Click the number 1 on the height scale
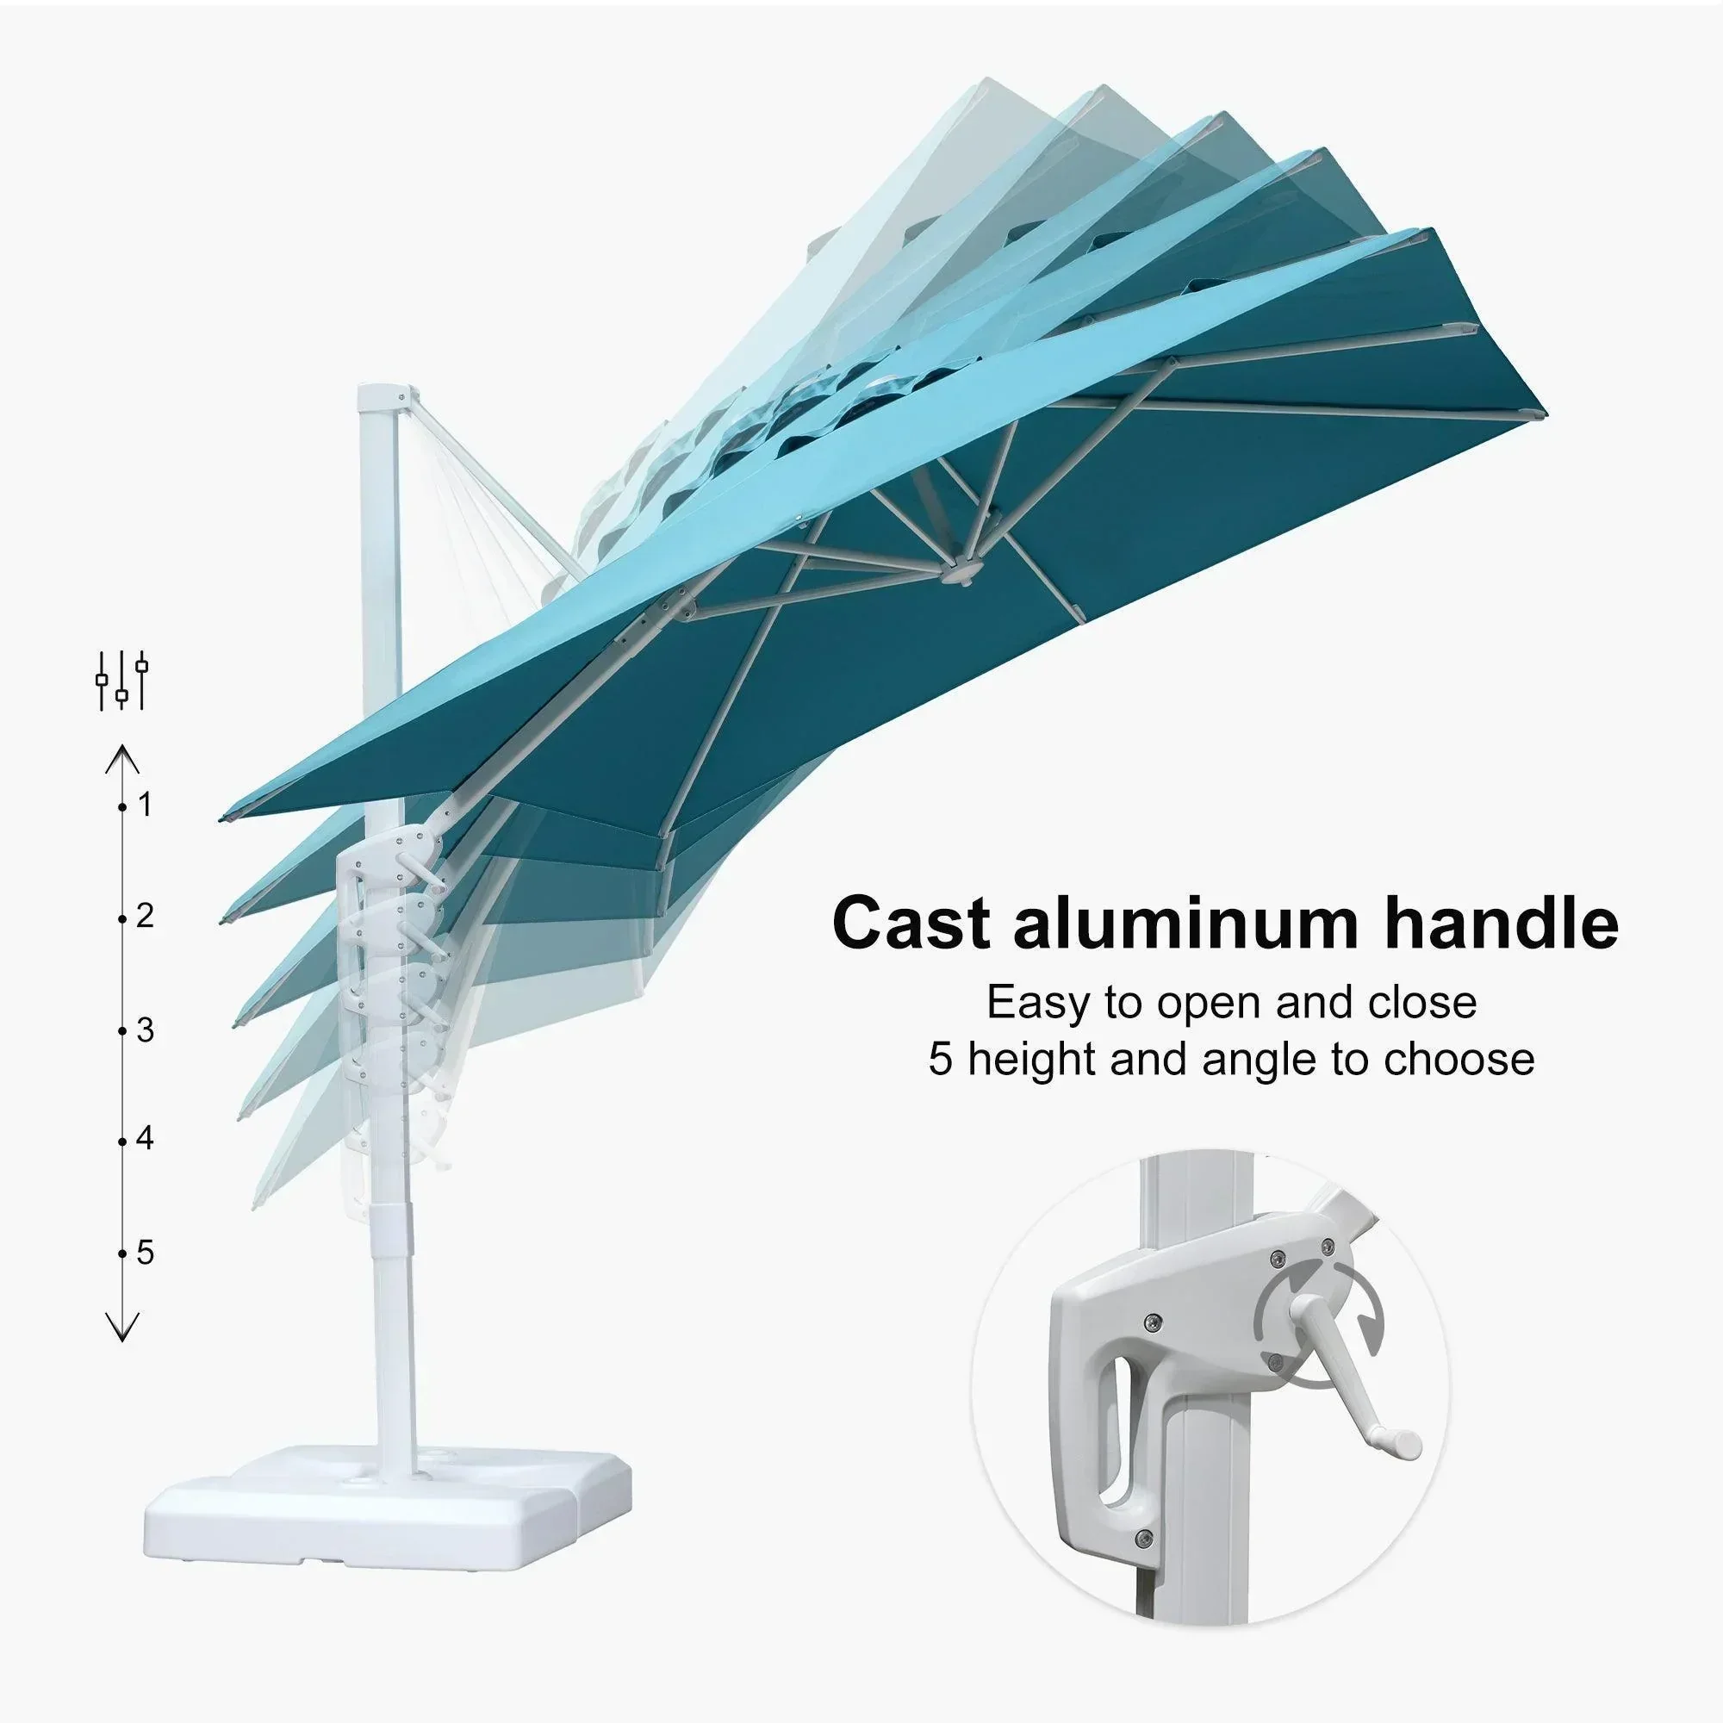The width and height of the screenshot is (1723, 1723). tap(146, 806)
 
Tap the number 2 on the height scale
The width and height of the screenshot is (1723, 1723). tap(146, 916)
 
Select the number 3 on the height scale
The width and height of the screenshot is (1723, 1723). tap(146, 1031)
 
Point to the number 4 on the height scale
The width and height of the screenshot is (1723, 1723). tap(146, 1139)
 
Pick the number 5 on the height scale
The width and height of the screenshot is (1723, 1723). tap(146, 1253)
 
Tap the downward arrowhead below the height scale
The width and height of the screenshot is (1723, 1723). tap(122, 1327)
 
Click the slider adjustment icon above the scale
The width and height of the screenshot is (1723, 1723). tap(122, 681)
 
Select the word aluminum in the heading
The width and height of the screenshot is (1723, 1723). tap(1189, 923)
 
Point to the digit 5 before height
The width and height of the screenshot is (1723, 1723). tap(940, 1060)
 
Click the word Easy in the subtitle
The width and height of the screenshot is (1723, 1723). tap(1038, 1003)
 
